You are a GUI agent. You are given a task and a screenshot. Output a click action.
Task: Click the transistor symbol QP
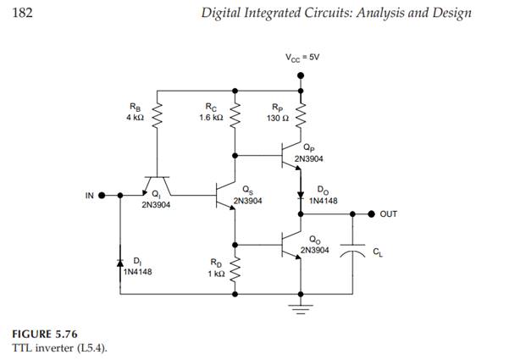[292, 156]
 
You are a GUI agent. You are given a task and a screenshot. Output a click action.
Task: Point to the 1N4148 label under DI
[136, 272]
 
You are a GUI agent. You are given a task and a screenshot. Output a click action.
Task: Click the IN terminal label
[89, 196]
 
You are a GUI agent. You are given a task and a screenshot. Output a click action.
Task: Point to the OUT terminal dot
[369, 214]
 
